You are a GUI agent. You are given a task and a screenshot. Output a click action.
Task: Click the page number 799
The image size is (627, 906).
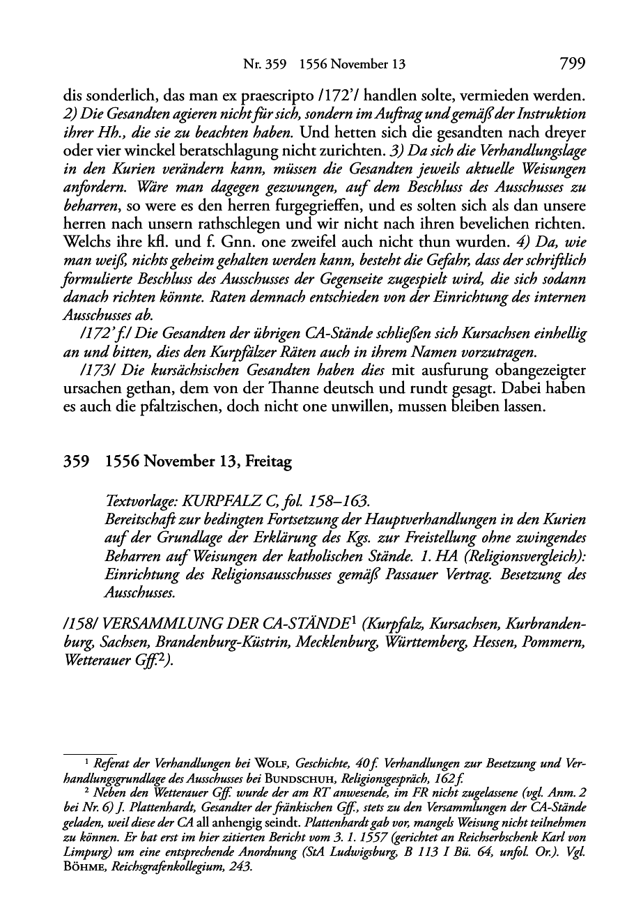click(571, 64)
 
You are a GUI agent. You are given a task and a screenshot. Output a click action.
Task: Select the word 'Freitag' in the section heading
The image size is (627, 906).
click(268, 461)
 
